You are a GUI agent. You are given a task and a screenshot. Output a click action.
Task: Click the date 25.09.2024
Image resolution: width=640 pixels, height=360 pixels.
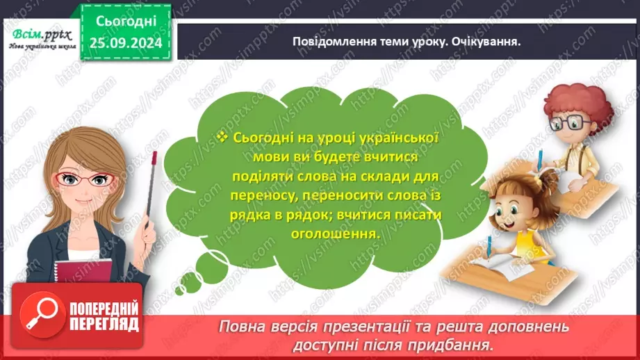(126, 43)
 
